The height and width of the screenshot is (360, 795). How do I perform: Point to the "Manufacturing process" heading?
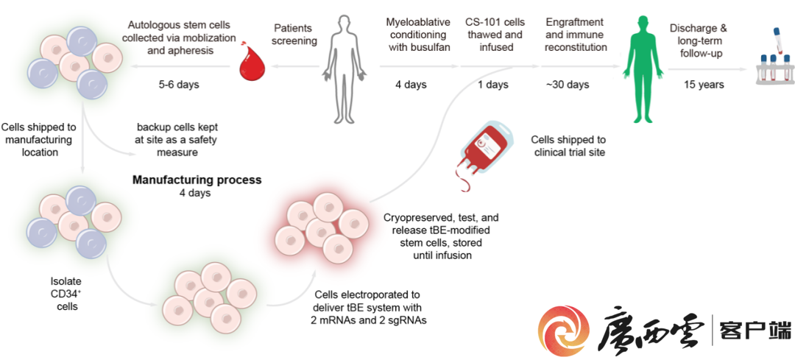click(x=197, y=180)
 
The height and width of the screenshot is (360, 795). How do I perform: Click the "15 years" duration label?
click(x=703, y=85)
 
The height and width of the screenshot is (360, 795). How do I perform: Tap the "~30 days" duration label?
click(x=567, y=85)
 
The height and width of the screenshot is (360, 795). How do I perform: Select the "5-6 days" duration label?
click(x=179, y=85)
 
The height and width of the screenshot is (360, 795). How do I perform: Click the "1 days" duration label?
click(x=492, y=85)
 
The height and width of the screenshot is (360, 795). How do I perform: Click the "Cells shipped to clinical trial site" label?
click(x=568, y=146)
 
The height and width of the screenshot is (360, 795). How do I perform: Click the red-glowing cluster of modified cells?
click(x=321, y=224)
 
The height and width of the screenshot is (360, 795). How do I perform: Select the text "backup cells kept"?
click(x=183, y=127)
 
